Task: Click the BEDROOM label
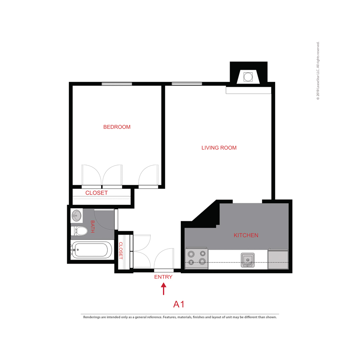[117, 127]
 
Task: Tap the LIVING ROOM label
[219, 148]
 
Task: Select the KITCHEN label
[246, 235]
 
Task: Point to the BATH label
[93, 226]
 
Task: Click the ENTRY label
[163, 277]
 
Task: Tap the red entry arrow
[163, 289]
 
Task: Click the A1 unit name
[179, 304]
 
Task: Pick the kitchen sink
[247, 260]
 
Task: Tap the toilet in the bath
[80, 231]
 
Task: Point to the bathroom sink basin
[76, 216]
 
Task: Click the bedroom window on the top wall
[117, 84]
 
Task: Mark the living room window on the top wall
[187, 84]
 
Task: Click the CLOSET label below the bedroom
[96, 193]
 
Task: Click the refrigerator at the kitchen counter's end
[278, 259]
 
